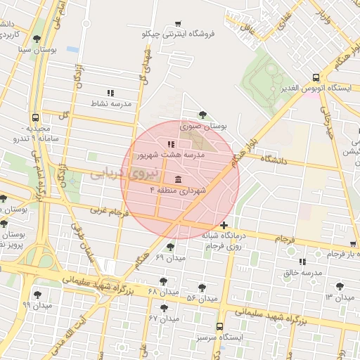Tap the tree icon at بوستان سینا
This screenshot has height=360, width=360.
37,40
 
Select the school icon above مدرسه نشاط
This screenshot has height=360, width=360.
110,92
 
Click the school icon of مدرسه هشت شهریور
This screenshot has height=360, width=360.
171,144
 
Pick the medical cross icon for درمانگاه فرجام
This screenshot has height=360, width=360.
224,226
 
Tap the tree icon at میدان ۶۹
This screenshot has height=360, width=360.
171,247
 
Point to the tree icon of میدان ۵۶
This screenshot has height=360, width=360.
202,288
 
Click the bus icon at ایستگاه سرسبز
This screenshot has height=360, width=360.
219,326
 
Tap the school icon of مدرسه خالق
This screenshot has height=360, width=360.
302,262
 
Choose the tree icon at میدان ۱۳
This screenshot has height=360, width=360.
340,286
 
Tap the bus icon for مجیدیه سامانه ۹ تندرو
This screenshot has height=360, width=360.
36,117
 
